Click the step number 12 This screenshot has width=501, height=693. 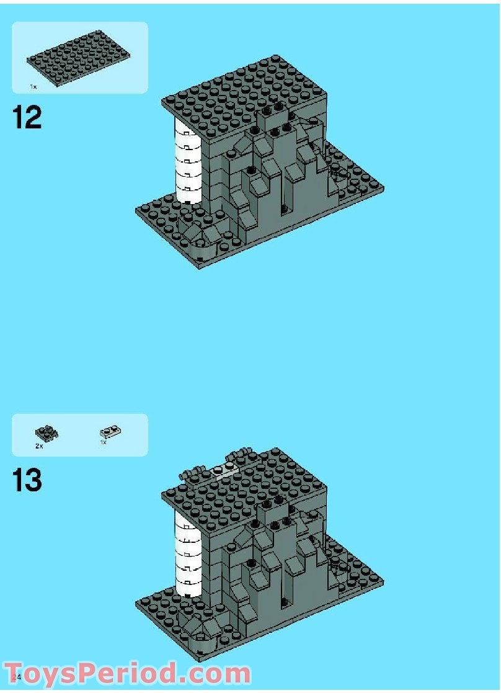(x=27, y=117)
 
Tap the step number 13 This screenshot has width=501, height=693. (x=27, y=481)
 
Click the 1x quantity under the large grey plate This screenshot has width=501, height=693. (x=33, y=87)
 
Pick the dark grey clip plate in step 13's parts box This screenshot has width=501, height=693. (x=46, y=433)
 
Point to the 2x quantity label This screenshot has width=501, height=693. (x=39, y=445)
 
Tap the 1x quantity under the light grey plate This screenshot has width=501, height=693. (x=103, y=442)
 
